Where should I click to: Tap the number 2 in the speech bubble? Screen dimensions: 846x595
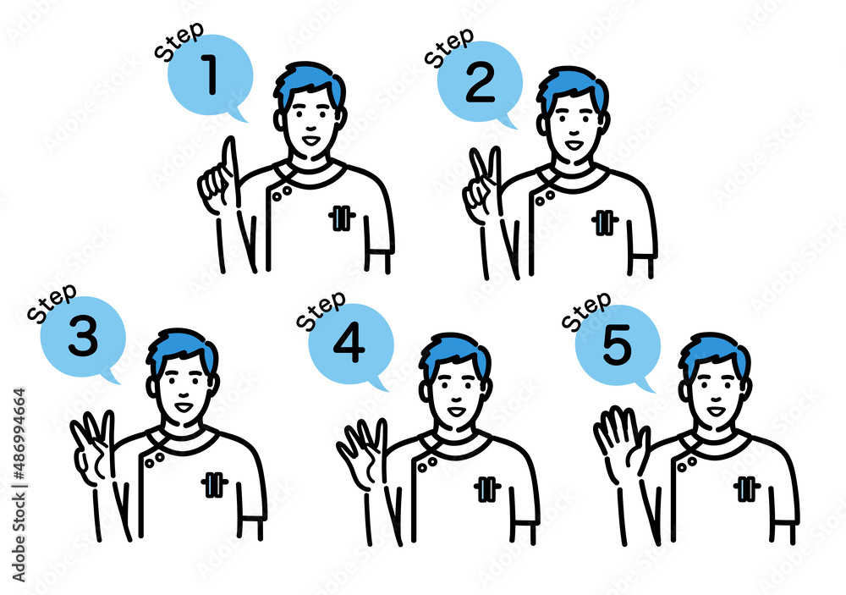point(480,83)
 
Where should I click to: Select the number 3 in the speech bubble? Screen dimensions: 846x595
point(83,336)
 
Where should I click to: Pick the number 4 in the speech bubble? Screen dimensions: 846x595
point(349,344)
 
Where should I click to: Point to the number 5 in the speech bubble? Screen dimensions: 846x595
point(617,344)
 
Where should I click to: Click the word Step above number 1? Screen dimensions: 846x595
point(179,41)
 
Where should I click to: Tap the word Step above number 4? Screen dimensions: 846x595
point(321,310)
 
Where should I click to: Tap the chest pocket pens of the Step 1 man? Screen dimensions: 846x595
point(342,218)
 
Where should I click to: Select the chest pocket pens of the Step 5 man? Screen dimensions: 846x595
point(747,488)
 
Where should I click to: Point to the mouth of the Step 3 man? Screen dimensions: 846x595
point(184,406)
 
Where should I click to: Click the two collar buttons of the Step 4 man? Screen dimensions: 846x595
point(427,463)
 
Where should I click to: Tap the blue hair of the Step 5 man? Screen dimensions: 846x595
point(713,354)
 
